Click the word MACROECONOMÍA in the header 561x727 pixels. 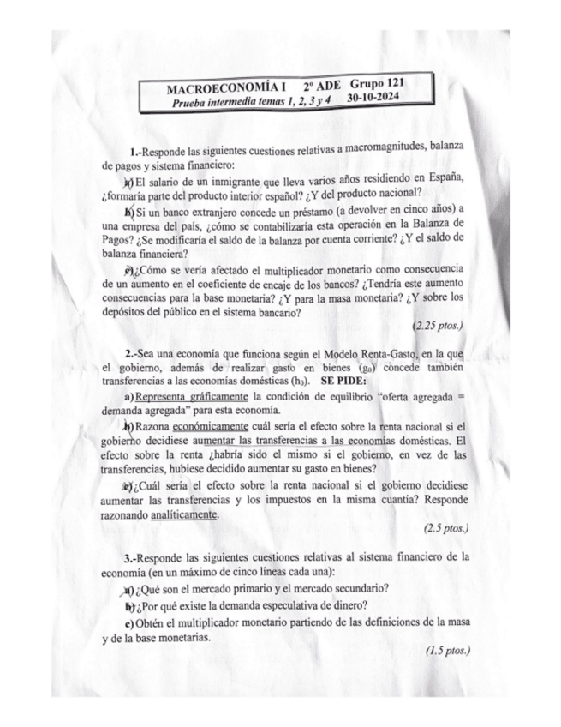224,89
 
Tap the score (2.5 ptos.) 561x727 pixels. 447,528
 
